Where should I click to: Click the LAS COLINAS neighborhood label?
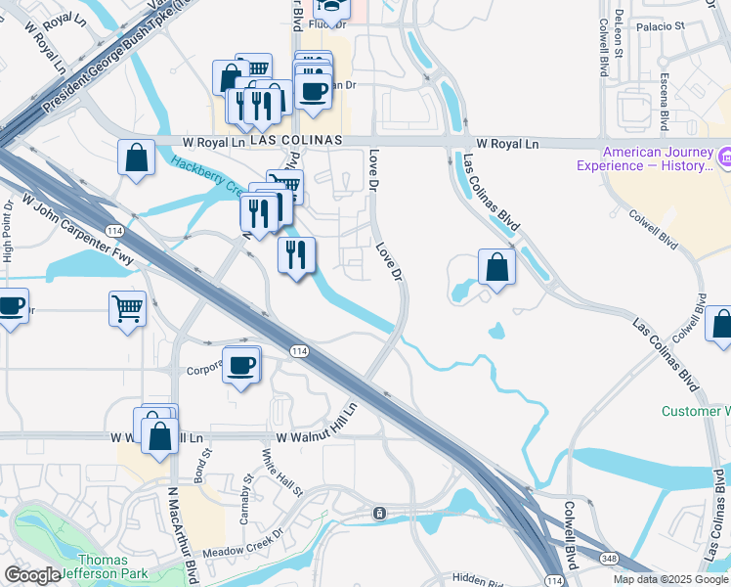click(x=295, y=141)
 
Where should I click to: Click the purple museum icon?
click(x=725, y=157)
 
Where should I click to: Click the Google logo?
click(x=32, y=576)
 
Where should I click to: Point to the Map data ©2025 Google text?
click(x=670, y=579)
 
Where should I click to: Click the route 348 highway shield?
click(x=610, y=557)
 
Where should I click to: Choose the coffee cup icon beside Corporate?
click(x=241, y=365)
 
